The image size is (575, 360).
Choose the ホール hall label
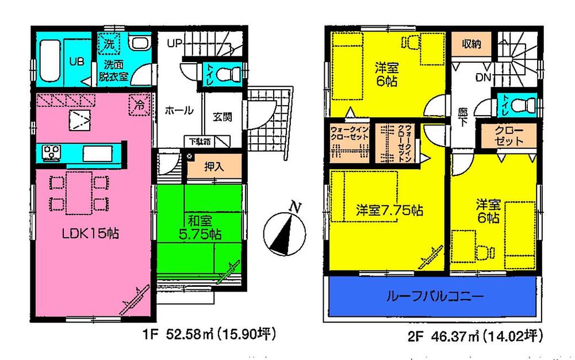(x=179, y=110)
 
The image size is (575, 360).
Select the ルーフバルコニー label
(x=435, y=297)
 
